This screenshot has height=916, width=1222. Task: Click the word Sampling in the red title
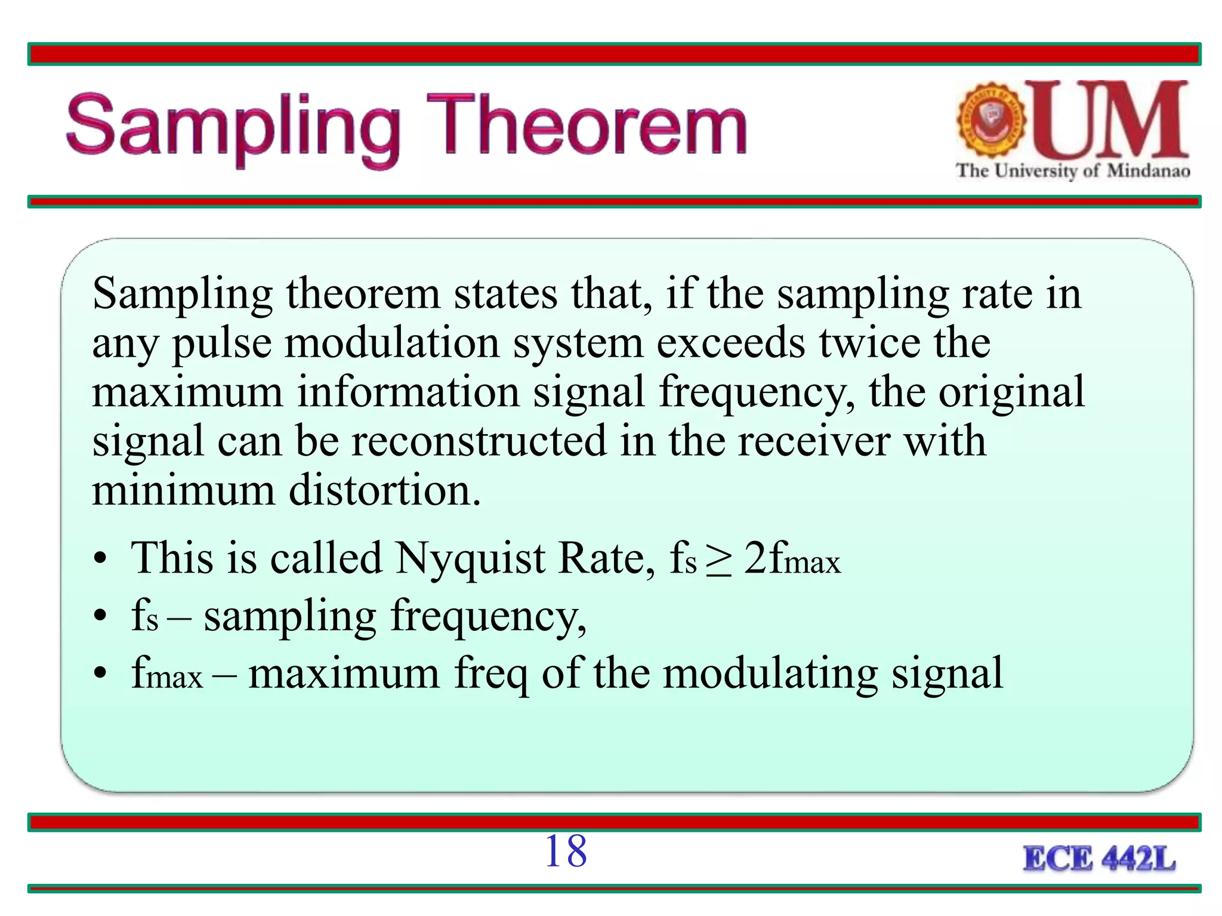[233, 128]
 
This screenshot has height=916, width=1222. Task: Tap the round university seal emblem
[991, 119]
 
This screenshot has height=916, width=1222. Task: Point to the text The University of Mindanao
[1073, 171]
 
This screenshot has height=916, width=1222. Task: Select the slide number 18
[566, 851]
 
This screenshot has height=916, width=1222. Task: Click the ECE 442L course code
[1099, 859]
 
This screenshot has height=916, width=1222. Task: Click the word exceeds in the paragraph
[730, 343]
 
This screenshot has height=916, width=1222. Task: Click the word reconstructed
[479, 441]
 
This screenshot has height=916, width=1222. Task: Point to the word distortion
[384, 491]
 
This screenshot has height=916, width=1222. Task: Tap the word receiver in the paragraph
[814, 441]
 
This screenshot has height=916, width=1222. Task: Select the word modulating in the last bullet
[770, 674]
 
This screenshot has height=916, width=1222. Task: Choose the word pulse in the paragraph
[222, 345]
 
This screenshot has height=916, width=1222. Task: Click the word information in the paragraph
[409, 392]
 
